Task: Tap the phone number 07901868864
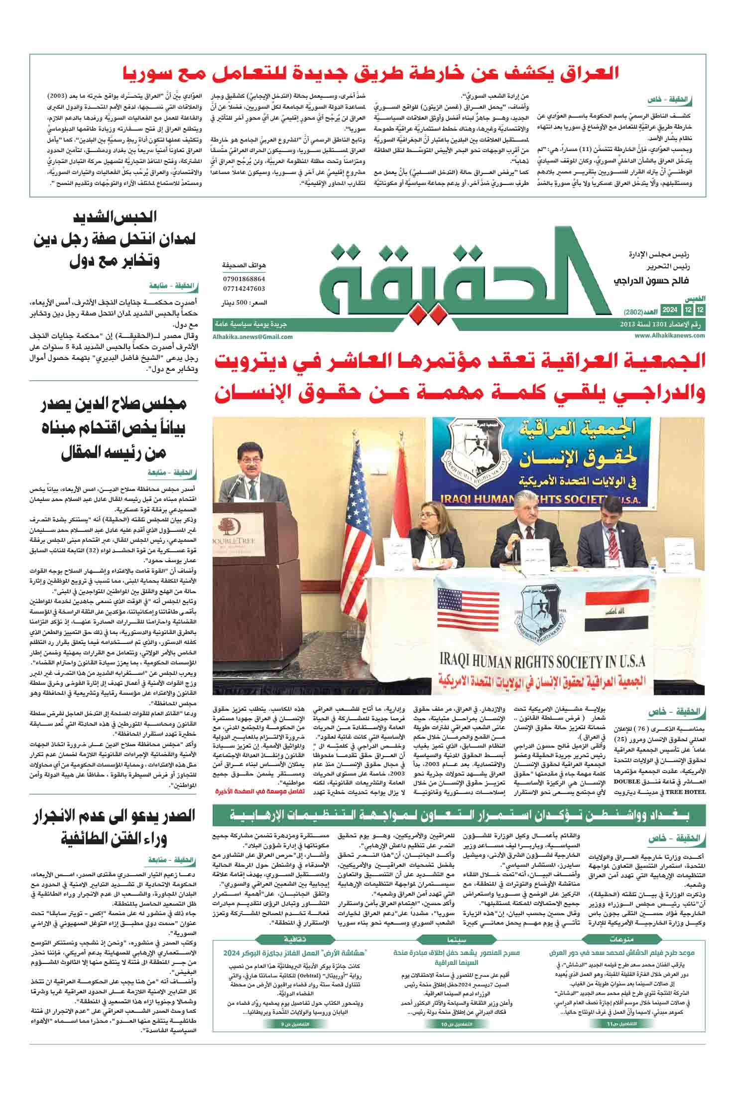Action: (x=244, y=279)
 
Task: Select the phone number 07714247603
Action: (x=244, y=289)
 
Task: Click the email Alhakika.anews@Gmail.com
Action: (x=252, y=336)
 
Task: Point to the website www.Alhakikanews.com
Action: (x=670, y=335)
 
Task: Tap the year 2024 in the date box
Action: (x=669, y=311)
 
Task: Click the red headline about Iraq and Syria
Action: (x=371, y=74)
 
